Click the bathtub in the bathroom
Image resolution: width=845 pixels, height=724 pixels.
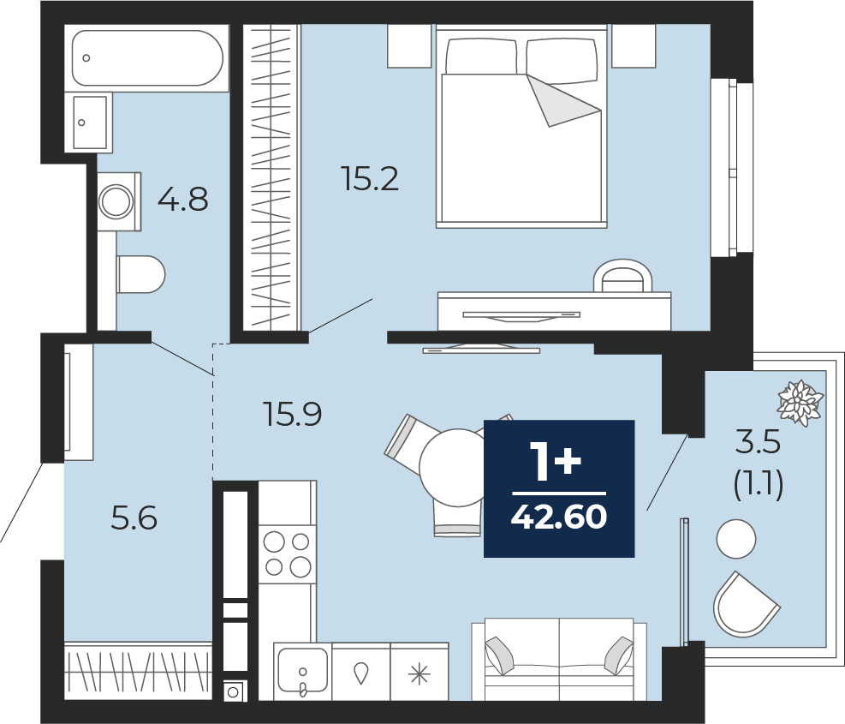(147, 57)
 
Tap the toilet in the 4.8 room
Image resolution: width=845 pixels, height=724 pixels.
(140, 274)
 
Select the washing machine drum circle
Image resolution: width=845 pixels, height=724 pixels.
(116, 201)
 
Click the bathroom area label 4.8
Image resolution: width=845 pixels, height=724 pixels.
(182, 200)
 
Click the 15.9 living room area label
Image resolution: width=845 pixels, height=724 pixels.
(293, 415)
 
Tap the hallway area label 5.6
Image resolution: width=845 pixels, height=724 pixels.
(134, 518)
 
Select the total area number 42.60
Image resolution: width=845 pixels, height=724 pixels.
(559, 517)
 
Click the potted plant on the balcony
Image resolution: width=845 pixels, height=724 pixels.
(800, 403)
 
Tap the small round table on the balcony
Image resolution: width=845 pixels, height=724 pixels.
(736, 538)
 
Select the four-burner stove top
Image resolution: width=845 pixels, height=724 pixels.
(287, 553)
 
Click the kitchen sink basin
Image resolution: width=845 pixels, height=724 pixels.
(302, 669)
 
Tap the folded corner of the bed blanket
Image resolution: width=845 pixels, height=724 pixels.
(563, 101)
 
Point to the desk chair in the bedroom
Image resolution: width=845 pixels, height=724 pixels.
(622, 276)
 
